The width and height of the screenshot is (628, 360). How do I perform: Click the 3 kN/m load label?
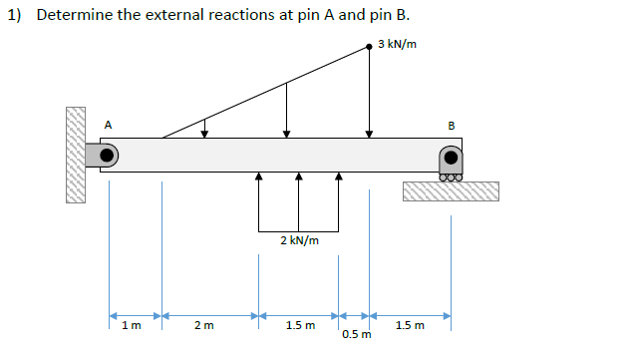398,45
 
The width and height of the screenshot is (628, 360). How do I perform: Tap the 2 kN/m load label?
299,240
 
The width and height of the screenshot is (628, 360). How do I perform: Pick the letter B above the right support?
452,126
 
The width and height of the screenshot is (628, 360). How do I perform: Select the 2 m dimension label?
203,324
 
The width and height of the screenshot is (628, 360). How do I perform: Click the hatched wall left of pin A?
76,155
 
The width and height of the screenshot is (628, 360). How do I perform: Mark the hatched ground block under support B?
451,191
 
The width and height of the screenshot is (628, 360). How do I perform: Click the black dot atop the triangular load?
370,45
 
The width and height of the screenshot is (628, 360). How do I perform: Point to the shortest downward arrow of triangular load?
204,127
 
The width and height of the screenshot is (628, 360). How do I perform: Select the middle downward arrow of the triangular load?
287,109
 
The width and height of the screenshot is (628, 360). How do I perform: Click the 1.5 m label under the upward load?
300,324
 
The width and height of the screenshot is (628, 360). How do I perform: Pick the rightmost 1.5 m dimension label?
410,324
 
